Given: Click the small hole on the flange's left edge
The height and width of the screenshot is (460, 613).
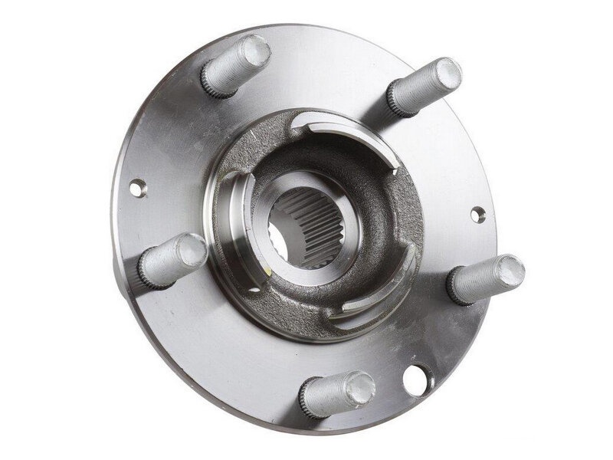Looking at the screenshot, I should tap(138, 186).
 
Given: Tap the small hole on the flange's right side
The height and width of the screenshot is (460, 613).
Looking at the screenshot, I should tap(477, 215).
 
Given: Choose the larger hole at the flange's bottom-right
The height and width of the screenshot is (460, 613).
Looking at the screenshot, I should tap(418, 379).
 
